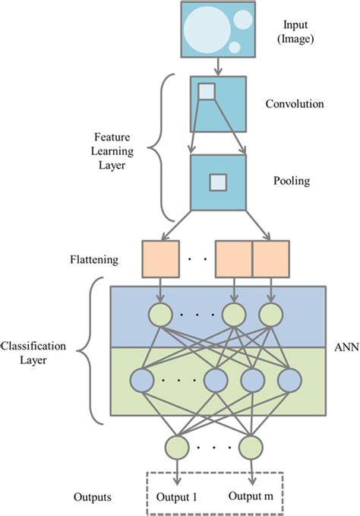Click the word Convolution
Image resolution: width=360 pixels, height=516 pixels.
(x=295, y=103)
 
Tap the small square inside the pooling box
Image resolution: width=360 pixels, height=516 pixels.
(x=218, y=182)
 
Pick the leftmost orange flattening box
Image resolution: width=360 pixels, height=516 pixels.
(x=160, y=258)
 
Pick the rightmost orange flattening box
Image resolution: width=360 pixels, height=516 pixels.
(x=270, y=258)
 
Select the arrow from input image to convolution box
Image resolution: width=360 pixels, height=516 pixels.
(x=219, y=66)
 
